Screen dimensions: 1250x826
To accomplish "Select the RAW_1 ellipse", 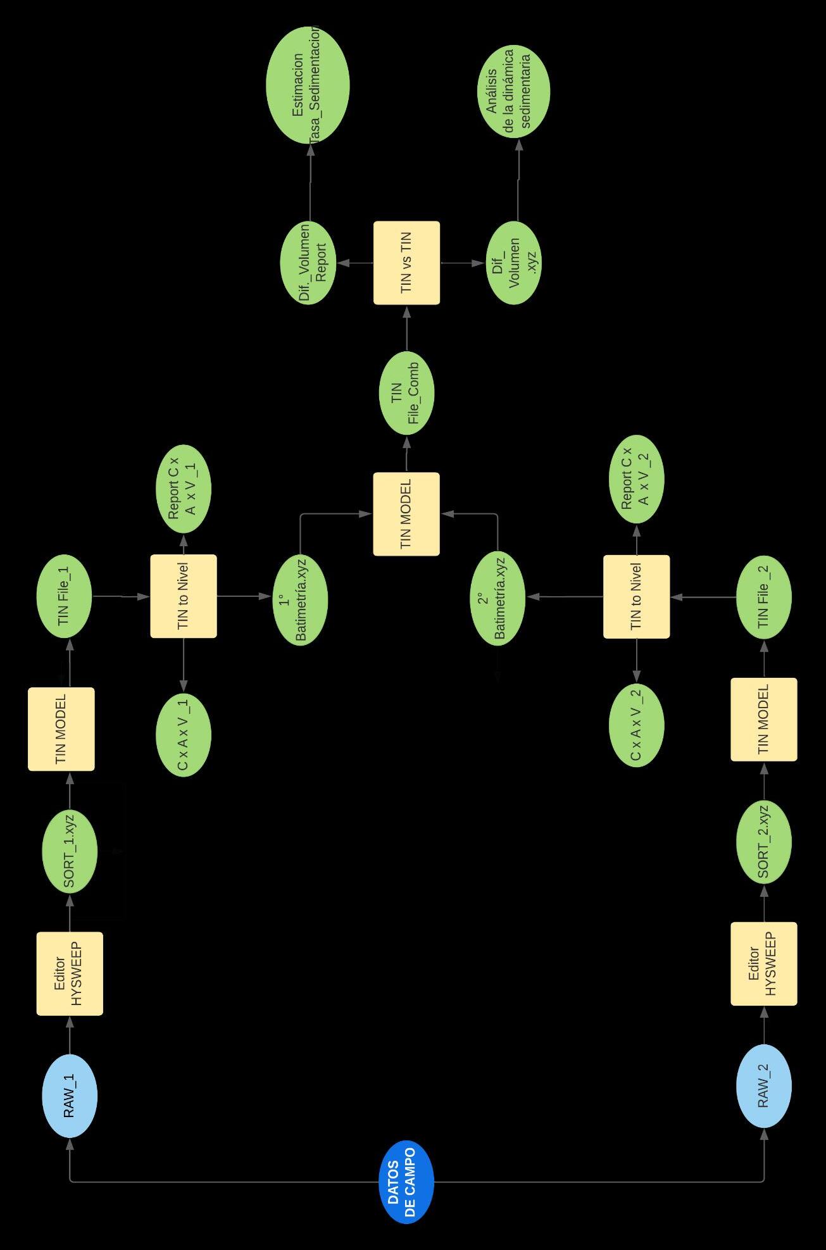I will coord(69,1096).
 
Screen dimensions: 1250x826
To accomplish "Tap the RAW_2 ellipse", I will coord(764,1085).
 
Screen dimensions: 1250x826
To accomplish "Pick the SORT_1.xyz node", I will coord(69,851).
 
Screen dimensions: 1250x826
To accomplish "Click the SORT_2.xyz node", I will coord(764,841).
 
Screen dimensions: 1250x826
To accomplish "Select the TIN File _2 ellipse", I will coord(764,597).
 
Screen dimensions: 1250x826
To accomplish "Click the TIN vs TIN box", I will coord(406,263).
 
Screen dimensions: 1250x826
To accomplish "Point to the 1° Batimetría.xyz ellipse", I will coord(300,599).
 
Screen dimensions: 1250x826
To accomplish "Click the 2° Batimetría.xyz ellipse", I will coord(497,599).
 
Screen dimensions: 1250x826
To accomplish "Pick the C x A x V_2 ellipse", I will coord(636,725).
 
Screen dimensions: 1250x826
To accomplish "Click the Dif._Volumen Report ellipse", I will coord(309,263).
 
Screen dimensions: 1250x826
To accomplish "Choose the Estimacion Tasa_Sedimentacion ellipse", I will coord(308,85).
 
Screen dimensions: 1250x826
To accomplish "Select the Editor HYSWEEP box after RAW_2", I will coord(763,963).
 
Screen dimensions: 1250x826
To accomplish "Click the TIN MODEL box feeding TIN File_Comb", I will coord(406,514).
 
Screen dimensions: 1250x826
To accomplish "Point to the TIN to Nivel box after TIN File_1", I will coord(184,596).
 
